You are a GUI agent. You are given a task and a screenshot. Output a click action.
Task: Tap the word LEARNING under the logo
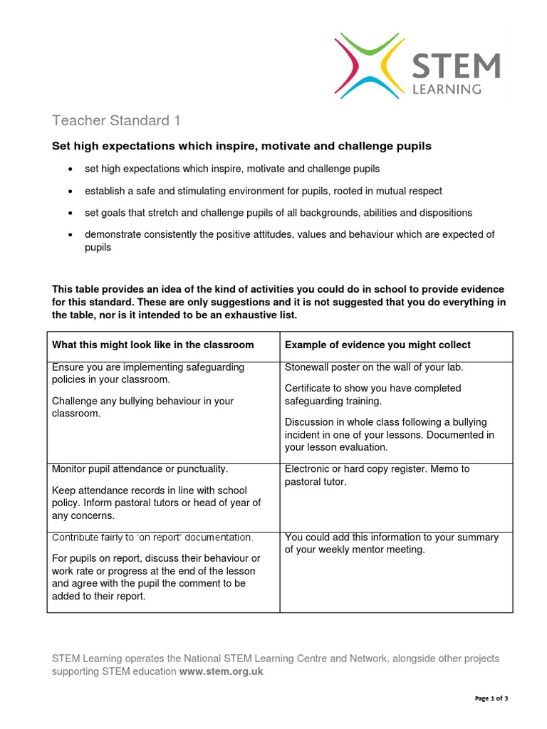447,89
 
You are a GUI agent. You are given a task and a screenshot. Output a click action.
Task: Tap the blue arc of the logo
371,89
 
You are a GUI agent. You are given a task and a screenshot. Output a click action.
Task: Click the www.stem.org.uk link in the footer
221,671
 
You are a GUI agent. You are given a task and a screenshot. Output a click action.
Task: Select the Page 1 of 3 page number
491,698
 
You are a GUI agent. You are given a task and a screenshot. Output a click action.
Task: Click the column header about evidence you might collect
377,345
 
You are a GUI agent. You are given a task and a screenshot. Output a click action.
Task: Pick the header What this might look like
152,345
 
